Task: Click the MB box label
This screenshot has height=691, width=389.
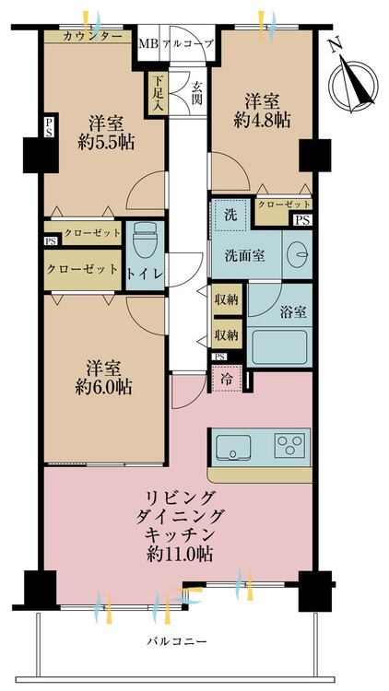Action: click(147, 43)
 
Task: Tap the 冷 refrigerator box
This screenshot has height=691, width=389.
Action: click(227, 378)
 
